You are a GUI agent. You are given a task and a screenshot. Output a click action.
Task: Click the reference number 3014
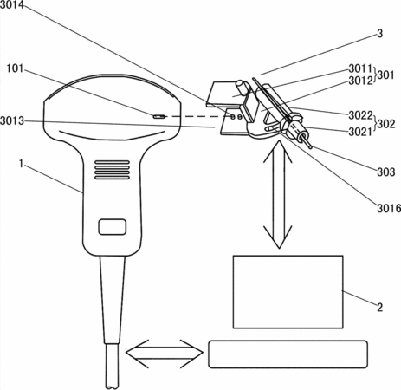[x=12, y=4]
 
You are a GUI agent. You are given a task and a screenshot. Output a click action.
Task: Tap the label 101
[x=15, y=68]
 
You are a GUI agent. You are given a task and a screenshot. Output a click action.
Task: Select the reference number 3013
[x=12, y=120]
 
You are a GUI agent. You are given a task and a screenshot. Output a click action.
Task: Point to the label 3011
[x=360, y=68]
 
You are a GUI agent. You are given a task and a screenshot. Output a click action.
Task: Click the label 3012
[x=360, y=81]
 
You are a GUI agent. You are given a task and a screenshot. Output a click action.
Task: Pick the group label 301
[x=385, y=75]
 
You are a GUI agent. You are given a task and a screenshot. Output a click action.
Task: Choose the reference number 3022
[x=360, y=115]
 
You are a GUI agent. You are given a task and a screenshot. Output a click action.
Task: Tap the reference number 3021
[x=360, y=132]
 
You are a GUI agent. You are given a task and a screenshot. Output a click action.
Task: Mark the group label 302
[x=386, y=124]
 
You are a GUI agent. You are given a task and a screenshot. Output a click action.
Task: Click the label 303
[x=386, y=172]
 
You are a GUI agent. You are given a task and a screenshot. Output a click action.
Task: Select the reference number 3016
[x=389, y=208]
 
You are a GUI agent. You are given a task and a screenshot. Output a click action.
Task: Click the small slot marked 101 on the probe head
[x=159, y=117]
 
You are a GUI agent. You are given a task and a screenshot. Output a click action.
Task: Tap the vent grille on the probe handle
[x=112, y=170]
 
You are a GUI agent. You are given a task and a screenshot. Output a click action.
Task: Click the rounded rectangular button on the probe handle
[x=113, y=227]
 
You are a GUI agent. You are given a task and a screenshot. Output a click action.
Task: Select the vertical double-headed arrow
[x=279, y=194]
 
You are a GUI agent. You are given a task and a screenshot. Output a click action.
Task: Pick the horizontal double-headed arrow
[x=165, y=354]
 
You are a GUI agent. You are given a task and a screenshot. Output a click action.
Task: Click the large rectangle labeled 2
[x=288, y=292]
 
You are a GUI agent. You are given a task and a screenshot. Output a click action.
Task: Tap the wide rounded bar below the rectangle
[x=288, y=354]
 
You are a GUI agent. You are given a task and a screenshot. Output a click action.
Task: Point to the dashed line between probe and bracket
[x=197, y=117]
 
